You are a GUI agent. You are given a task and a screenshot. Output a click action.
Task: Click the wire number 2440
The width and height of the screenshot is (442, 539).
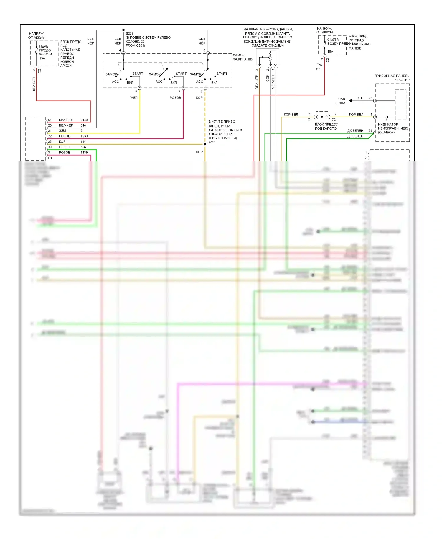[x=84, y=120]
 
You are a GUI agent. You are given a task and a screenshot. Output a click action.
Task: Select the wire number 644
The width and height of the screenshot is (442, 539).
[x=83, y=125]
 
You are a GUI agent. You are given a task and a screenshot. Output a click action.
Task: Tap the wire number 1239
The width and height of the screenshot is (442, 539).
[x=84, y=136]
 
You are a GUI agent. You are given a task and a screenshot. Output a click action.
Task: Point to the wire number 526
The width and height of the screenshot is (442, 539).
[x=83, y=147]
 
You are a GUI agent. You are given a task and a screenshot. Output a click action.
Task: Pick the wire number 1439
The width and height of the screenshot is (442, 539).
[x=84, y=153]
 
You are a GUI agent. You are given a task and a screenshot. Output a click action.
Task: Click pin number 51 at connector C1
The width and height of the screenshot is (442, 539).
[x=50, y=120]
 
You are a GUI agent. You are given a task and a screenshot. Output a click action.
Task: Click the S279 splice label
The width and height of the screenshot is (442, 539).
[x=129, y=34]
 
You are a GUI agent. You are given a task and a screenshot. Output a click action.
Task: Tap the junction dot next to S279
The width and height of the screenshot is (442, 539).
[x=123, y=30]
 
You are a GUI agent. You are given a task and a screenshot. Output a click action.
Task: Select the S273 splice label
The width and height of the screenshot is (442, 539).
[x=211, y=142]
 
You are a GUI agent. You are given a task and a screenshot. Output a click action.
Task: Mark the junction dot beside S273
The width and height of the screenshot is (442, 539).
[x=205, y=144]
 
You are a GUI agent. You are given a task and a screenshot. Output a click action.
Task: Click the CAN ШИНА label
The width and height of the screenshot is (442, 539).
[x=341, y=101]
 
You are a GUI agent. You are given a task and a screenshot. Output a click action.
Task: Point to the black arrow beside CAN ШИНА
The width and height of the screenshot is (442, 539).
[x=350, y=101]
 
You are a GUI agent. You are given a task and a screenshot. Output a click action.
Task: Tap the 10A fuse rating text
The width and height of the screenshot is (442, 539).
[x=330, y=51]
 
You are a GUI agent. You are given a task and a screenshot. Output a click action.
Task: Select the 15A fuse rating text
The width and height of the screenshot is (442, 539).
[x=42, y=58]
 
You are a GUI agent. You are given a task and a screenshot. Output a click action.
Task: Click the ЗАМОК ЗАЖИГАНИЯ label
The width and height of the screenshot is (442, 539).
[x=243, y=57]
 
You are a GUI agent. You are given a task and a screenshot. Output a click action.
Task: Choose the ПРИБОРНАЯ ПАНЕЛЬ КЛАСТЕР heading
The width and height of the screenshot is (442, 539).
[x=392, y=78]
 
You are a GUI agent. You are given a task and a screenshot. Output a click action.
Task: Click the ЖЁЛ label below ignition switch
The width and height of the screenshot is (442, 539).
[x=134, y=98]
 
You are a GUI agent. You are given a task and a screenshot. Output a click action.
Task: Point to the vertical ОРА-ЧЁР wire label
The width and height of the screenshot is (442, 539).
[x=257, y=82]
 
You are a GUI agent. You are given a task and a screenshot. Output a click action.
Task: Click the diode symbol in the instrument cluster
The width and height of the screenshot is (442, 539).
[x=387, y=117]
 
